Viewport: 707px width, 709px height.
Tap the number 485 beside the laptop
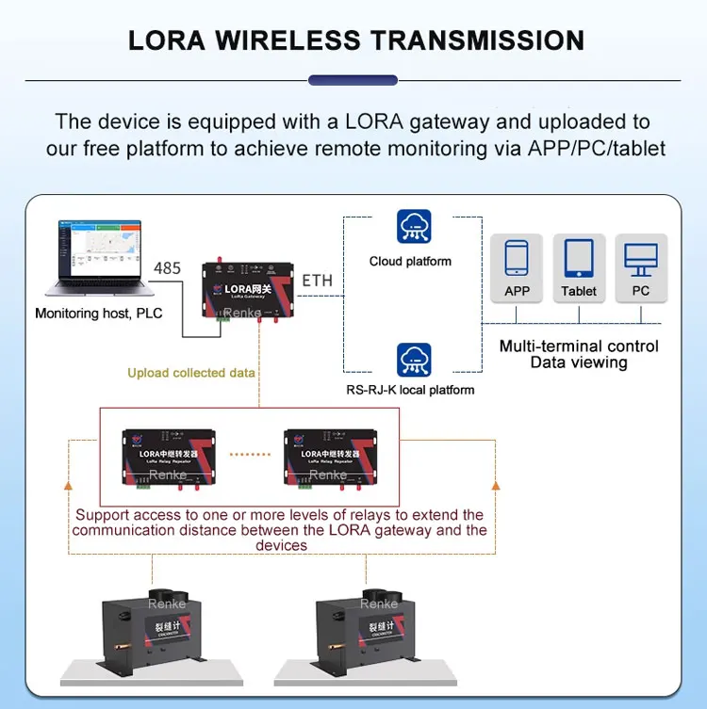pyautogui.click(x=167, y=268)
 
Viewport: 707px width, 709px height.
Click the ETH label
pyautogui.click(x=317, y=280)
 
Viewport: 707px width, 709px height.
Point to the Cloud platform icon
pyautogui.click(x=414, y=227)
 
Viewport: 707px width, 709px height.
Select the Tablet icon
pyautogui.click(x=579, y=258)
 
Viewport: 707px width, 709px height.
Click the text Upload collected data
pyautogui.click(x=191, y=373)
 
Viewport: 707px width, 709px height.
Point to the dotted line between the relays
pyautogui.click(x=250, y=454)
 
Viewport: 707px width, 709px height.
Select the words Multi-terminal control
pyautogui.click(x=579, y=346)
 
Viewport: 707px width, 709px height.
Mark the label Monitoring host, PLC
pyautogui.click(x=99, y=314)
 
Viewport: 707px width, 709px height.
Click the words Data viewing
pyautogui.click(x=579, y=363)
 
